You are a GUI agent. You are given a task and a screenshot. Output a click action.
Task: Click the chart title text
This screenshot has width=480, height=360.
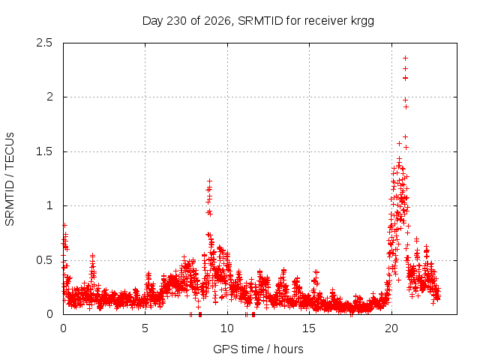pos(258,21)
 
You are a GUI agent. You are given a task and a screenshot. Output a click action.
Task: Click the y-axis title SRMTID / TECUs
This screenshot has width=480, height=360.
pos(10,179)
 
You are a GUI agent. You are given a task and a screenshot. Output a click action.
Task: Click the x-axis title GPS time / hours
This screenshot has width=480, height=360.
pos(258,349)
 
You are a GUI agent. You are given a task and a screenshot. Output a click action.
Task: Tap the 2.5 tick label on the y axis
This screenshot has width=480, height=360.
pos(44,43)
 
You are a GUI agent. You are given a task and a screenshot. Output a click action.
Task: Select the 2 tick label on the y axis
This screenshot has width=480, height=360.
pos(49,97)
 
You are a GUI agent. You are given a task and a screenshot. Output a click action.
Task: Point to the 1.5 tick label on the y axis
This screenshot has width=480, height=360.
pos(44,151)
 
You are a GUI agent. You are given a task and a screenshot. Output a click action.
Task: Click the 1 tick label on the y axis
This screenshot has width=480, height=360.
pos(49,205)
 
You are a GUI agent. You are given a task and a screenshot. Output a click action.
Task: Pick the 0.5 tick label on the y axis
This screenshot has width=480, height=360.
pos(44,260)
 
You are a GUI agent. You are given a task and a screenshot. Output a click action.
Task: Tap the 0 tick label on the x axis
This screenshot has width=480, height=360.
pos(63,328)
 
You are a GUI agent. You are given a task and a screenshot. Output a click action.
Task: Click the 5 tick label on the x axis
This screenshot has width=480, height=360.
pos(145,328)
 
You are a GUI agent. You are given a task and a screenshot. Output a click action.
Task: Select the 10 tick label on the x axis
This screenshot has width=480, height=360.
pos(227,328)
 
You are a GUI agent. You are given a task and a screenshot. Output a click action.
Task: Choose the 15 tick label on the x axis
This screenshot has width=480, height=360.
pos(309,328)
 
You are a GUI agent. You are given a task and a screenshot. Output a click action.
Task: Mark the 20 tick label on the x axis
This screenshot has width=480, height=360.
pos(391,328)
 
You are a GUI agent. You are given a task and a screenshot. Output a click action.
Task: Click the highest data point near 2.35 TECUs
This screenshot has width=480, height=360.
pos(405,58)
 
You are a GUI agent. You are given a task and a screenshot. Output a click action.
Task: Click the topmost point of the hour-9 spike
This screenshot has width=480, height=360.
pos(209,181)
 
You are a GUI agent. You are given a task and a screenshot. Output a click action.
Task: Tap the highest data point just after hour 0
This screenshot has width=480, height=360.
pos(64,225)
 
